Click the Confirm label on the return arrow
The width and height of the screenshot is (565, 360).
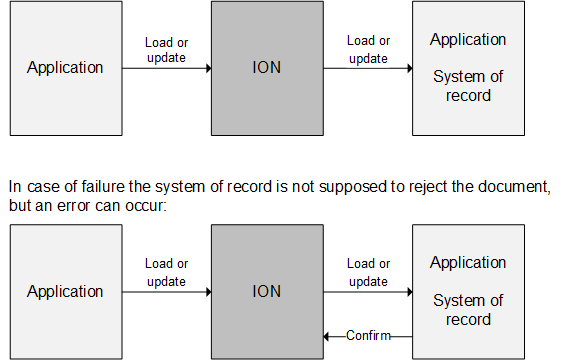click(368, 336)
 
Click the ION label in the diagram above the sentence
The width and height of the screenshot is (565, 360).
click(267, 68)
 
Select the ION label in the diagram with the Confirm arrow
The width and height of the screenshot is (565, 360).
click(267, 292)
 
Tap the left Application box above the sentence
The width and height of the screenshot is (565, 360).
click(65, 68)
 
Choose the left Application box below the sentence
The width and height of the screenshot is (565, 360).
click(65, 292)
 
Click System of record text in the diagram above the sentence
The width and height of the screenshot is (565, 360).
click(468, 86)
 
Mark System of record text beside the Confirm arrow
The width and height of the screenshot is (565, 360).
click(468, 310)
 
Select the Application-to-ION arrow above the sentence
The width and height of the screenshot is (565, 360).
click(166, 69)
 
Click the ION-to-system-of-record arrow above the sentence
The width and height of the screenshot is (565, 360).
click(368, 69)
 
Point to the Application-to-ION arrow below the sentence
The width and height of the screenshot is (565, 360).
click(166, 293)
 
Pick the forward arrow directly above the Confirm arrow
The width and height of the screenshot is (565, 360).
click(368, 293)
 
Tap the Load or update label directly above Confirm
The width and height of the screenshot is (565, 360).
click(368, 273)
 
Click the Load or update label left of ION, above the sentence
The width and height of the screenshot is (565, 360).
click(166, 50)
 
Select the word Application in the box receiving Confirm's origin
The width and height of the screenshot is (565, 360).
click(468, 263)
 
